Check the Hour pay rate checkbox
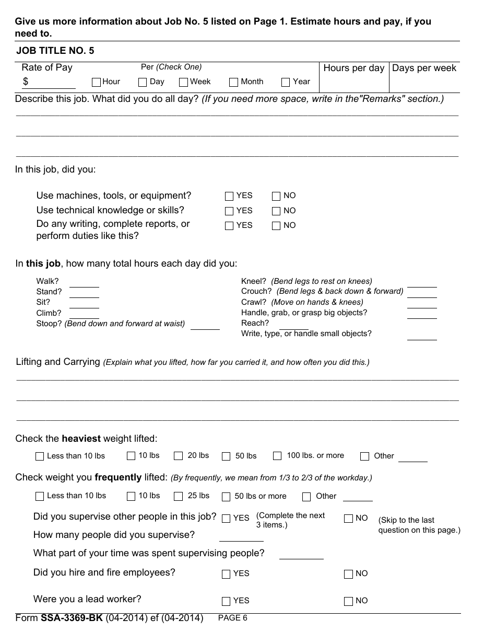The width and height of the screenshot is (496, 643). tap(96, 82)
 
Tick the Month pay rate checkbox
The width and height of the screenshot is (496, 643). tap(233, 82)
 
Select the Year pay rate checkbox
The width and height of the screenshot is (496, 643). tap(286, 82)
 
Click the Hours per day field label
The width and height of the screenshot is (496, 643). tap(353, 68)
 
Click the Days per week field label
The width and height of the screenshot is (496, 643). tap(424, 68)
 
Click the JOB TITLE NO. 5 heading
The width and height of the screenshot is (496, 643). tap(55, 51)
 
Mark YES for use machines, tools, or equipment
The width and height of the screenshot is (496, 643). tap(229, 196)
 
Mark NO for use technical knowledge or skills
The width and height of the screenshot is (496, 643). tap(276, 211)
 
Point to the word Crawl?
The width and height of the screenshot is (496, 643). tap(254, 302)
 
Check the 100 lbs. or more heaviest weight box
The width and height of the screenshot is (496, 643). tap(278, 456)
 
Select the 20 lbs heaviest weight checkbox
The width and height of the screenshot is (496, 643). tap(179, 456)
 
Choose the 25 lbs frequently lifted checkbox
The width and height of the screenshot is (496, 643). tap(179, 496)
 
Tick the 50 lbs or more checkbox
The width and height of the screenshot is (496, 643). tap(226, 497)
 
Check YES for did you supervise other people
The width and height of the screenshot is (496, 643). tap(226, 519)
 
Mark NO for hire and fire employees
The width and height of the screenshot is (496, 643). tap(348, 574)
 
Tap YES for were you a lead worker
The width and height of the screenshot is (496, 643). tap(226, 601)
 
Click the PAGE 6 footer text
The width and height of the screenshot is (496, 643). tap(232, 618)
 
